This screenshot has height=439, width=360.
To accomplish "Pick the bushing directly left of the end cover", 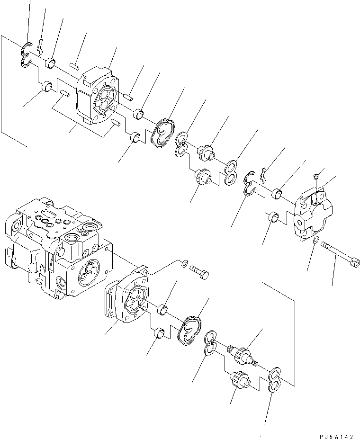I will pyautogui.click(x=277, y=193).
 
